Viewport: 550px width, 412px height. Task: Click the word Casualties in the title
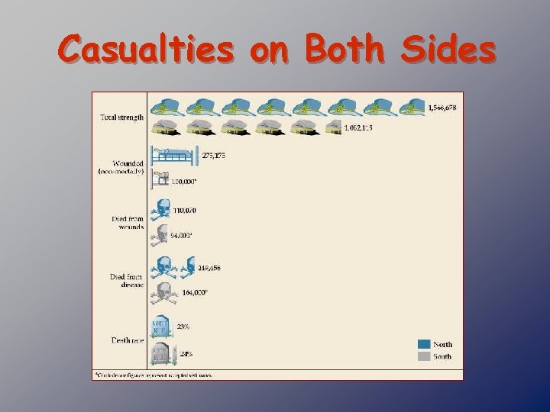[x=145, y=50]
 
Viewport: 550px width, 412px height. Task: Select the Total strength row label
[x=122, y=117]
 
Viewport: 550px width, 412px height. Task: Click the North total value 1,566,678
[x=442, y=108]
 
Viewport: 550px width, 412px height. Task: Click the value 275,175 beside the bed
[x=214, y=156]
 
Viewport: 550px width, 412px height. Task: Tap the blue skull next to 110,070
[x=161, y=209]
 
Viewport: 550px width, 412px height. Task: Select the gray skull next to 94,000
[x=160, y=235]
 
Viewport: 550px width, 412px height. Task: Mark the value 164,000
[x=195, y=293]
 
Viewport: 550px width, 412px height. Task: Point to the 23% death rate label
[x=183, y=327]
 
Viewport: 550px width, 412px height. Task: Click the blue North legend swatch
[x=423, y=344]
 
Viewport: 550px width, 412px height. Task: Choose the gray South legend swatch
[x=423, y=356]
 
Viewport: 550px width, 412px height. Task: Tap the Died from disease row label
[x=127, y=282]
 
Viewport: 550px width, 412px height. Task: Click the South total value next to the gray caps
[x=358, y=127]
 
